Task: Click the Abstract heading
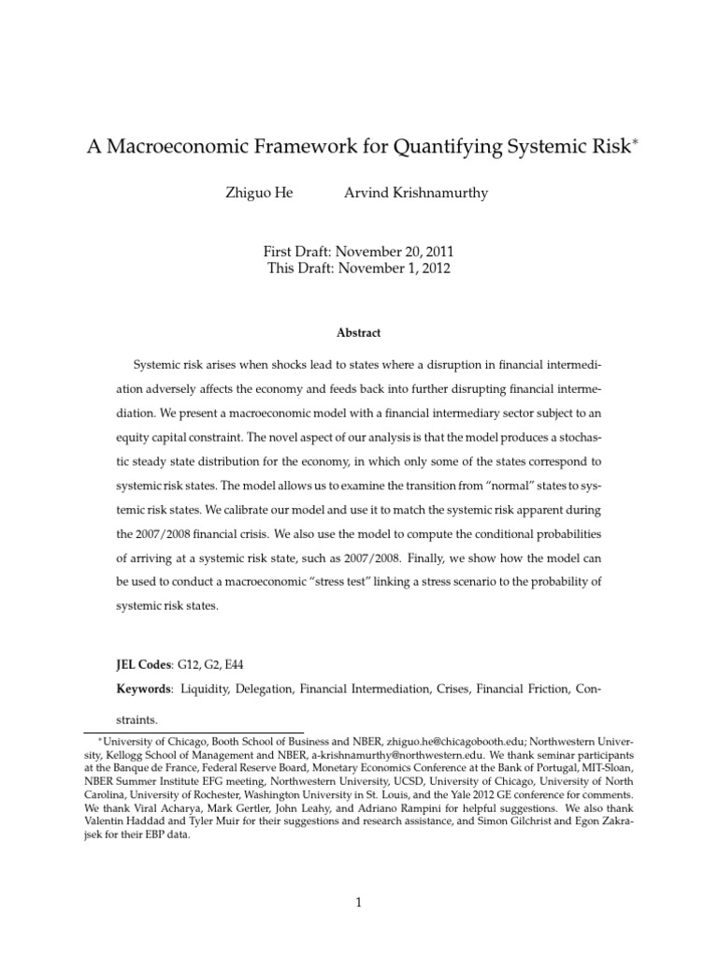click(359, 333)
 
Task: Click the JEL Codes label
click(143, 663)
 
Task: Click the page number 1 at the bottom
click(359, 902)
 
